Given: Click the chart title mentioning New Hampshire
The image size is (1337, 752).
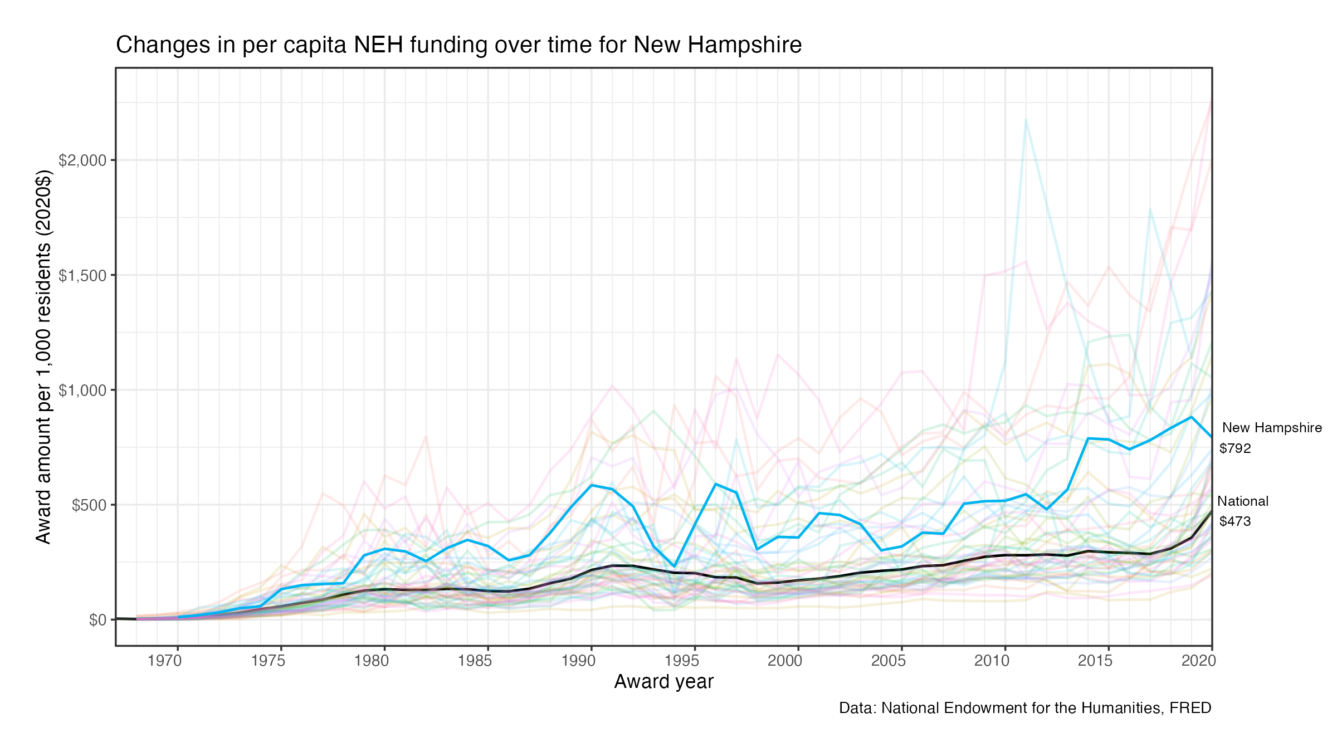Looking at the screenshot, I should coord(458,45).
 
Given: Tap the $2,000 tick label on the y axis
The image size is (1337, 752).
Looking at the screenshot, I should coord(82,160).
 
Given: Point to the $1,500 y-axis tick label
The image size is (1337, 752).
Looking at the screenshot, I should coord(82,276).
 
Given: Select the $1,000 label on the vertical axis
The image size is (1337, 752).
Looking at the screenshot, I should coord(82,390).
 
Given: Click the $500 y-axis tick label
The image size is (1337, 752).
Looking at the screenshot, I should coord(89,505).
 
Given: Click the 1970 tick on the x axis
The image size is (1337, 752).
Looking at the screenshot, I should coord(164,661).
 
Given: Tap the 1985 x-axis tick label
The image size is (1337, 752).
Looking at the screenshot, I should coord(475,661).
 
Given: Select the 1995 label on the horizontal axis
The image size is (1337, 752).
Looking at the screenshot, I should coord(681,661).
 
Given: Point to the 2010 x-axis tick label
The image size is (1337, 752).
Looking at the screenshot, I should coord(992,661).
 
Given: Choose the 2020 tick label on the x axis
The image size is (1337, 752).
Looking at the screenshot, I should coord(1198,661).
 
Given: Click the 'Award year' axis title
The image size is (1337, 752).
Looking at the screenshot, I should coord(663,682).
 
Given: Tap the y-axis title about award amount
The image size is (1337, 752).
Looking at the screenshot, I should coord(43,357).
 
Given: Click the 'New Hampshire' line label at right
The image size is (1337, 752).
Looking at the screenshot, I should coord(1272,428).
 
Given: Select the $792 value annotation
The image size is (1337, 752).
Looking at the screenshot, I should coord(1235,448).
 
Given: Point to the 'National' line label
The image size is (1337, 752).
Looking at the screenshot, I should coord(1242,501).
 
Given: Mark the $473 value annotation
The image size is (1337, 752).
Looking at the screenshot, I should coord(1235,521).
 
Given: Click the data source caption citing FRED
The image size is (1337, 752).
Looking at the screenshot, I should coord(1025,708).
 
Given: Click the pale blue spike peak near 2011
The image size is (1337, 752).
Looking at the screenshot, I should coord(1026,119).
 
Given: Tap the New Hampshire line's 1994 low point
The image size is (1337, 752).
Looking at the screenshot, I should coord(674,567).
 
